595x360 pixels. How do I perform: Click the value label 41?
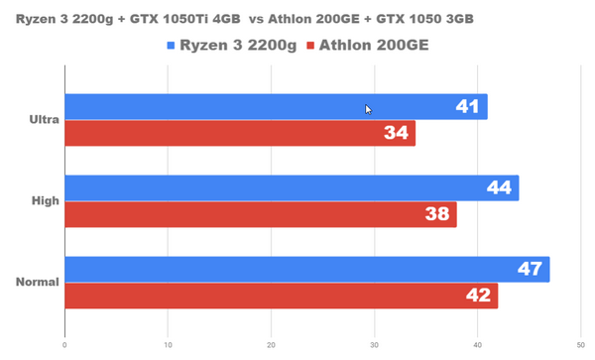tap(467, 107)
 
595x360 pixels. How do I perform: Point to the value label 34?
tap(396, 134)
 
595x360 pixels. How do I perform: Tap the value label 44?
tap(499, 187)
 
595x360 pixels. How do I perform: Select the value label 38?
tap(436, 214)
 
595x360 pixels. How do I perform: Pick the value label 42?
tap(478, 296)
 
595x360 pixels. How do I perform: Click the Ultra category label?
tap(45, 120)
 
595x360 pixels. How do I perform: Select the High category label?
tap(46, 201)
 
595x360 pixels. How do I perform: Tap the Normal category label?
tap(38, 282)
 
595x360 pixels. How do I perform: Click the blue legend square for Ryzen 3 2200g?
tap(172, 46)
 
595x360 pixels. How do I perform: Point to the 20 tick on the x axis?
tap(271, 346)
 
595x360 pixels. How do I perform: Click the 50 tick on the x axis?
tap(581, 346)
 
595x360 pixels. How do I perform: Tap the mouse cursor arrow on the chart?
tap(368, 110)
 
